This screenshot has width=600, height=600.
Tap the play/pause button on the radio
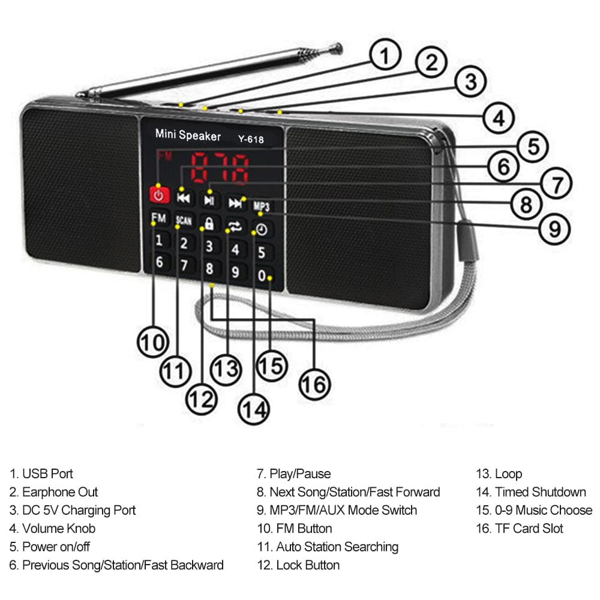(x=209, y=199)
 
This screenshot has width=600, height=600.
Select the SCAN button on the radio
(x=184, y=221)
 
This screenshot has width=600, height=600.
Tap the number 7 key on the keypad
(x=184, y=265)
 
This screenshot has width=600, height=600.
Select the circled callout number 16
(x=314, y=384)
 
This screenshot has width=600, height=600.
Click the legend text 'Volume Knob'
(x=58, y=529)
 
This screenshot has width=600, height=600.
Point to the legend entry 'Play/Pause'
(x=299, y=474)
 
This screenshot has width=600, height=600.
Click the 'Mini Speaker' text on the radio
(x=188, y=135)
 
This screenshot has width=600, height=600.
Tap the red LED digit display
(x=220, y=169)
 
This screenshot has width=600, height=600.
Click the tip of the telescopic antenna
(x=339, y=47)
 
